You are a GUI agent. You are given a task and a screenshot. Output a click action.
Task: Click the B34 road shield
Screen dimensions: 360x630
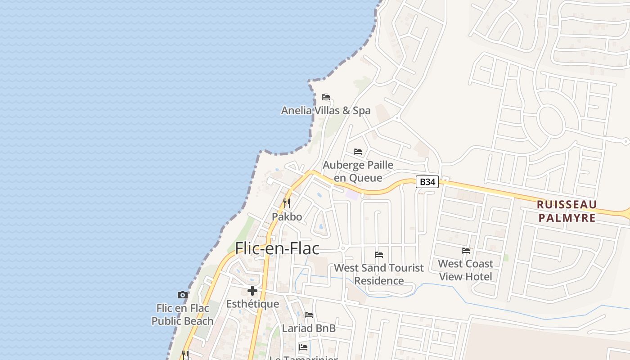pyautogui.click(x=427, y=182)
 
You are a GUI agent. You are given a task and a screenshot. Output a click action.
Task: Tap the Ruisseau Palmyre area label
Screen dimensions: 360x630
pyautogui.click(x=567, y=211)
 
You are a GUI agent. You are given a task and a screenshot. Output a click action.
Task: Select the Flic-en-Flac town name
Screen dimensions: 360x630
pyautogui.click(x=277, y=248)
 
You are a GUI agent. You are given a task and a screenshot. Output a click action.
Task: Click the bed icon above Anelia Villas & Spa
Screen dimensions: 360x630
pyautogui.click(x=326, y=97)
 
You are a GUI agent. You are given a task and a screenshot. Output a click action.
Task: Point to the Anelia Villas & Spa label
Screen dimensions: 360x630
pyautogui.click(x=326, y=110)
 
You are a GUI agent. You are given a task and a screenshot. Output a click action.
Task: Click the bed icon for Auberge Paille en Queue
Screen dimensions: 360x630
pyautogui.click(x=358, y=151)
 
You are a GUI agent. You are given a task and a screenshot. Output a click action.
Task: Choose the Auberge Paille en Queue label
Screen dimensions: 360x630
pyautogui.click(x=358, y=171)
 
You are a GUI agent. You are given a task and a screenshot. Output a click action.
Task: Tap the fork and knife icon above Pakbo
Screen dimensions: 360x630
pyautogui.click(x=287, y=203)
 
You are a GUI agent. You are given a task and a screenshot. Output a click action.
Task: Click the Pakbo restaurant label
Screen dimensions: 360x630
pyautogui.click(x=287, y=216)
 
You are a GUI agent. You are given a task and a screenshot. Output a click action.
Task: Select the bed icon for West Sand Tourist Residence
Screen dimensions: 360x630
pyautogui.click(x=379, y=255)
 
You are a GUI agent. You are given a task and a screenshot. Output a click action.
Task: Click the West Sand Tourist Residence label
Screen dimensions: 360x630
pyautogui.click(x=379, y=274)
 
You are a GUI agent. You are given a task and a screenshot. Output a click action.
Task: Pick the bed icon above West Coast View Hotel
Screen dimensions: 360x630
pyautogui.click(x=466, y=250)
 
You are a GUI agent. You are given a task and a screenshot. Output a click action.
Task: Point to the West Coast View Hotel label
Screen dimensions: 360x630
pyautogui.click(x=466, y=270)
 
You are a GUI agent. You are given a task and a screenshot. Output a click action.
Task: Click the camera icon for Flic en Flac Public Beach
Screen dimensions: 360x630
pyautogui.click(x=182, y=295)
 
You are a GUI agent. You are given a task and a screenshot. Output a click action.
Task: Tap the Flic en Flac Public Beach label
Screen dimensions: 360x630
pyautogui.click(x=182, y=315)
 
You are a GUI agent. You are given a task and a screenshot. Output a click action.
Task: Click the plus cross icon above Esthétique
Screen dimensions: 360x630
pyautogui.click(x=252, y=291)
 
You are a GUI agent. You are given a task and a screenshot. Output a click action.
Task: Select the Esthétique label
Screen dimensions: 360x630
pyautogui.click(x=252, y=304)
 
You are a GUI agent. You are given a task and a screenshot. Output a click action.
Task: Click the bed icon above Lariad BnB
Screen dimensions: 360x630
pyautogui.click(x=309, y=315)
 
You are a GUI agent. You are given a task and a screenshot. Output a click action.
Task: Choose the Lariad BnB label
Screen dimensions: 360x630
pyautogui.click(x=309, y=328)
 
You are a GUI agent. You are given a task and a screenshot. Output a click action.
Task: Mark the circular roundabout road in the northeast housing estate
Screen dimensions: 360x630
pyautogui.click(x=550, y=121)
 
